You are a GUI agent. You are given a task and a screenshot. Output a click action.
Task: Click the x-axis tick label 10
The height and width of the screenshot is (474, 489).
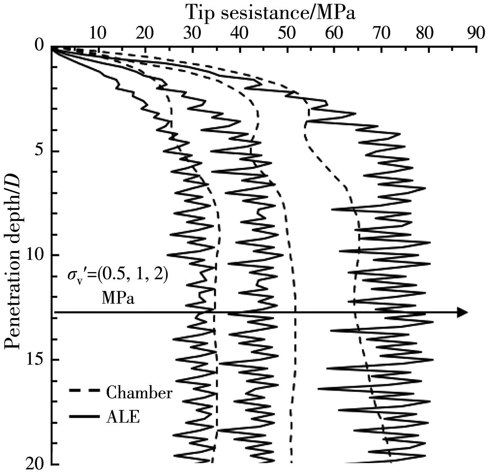point(97,32)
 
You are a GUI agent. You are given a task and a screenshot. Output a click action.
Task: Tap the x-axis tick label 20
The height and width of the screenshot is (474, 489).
point(144,32)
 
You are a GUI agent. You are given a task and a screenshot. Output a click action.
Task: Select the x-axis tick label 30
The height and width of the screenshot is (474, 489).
point(192,32)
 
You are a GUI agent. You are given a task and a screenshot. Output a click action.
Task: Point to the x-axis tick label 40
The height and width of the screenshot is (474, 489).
point(239,32)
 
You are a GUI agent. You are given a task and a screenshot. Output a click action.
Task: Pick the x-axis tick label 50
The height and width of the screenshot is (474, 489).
point(287,32)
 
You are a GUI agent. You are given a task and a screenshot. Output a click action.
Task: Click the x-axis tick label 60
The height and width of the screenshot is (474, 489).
point(333,32)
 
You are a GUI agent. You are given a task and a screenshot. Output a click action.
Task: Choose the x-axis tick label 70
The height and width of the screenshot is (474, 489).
point(381,32)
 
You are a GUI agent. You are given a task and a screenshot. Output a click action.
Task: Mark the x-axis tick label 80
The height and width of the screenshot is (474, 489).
point(428,32)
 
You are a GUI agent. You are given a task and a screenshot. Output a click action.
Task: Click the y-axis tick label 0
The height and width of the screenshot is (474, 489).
point(39,45)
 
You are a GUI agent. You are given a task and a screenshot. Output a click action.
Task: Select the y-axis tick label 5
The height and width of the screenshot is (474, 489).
point(39,151)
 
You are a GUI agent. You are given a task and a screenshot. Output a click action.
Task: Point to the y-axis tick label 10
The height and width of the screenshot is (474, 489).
point(34,255)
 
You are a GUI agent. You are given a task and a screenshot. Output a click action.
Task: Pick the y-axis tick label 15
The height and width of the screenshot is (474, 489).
point(34,360)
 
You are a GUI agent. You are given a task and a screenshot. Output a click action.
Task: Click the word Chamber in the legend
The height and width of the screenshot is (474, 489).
point(139,393)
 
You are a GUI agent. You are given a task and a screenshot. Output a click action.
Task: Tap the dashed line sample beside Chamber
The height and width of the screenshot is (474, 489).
point(84,391)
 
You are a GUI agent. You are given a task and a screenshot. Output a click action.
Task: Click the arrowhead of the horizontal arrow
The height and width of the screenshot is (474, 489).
point(462,312)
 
